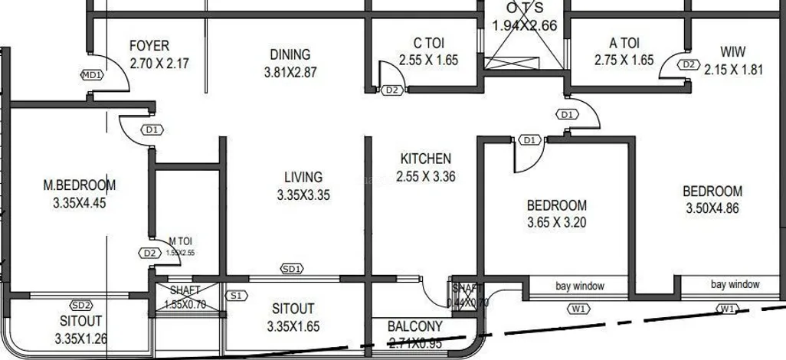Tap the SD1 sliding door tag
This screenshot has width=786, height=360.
[x=292, y=269]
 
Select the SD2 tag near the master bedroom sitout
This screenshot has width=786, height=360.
[x=81, y=305]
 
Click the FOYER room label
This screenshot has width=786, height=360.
[x=149, y=46]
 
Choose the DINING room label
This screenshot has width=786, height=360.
[x=290, y=54]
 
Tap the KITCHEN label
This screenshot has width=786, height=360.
[x=426, y=159]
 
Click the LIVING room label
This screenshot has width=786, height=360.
[x=303, y=177]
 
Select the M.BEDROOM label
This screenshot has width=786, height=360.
[x=80, y=185]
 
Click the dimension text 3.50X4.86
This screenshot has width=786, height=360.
[x=712, y=208]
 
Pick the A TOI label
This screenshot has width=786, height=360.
[x=624, y=43]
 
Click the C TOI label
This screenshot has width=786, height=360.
[x=427, y=43]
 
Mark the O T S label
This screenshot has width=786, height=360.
[x=524, y=8]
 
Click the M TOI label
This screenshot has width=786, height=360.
[x=181, y=241]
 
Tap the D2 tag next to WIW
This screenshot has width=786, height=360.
[x=688, y=65]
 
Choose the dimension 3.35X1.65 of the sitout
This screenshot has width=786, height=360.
[x=293, y=326]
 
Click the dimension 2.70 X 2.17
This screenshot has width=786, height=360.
[x=159, y=64]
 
